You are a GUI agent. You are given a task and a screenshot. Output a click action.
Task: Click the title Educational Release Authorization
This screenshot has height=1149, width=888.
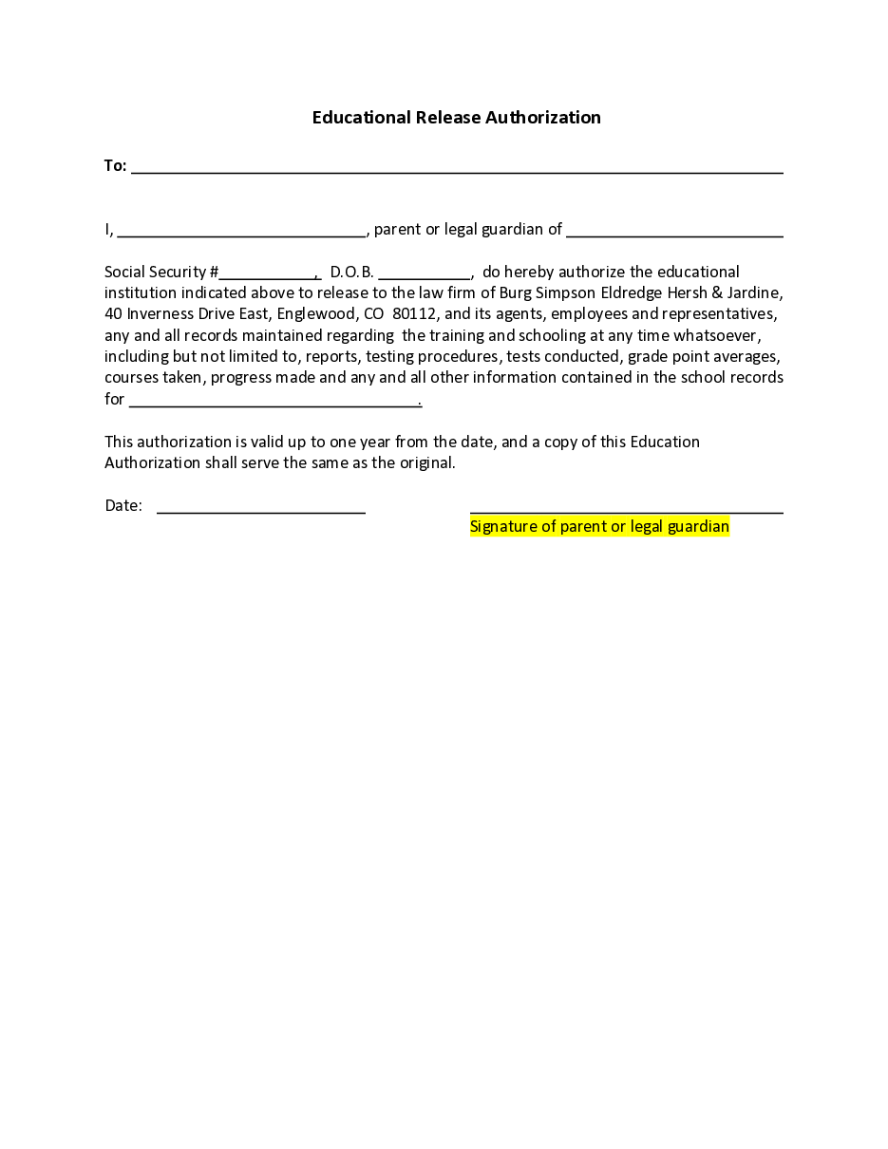point(456,118)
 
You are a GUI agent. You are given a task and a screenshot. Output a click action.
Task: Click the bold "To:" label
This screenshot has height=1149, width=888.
point(115,166)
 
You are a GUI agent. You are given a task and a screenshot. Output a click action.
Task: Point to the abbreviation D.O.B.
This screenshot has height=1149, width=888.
point(351,273)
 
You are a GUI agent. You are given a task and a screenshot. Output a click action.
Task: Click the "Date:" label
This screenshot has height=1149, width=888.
point(123,506)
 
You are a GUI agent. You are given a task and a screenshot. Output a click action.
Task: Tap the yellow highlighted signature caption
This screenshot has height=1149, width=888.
point(599,527)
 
